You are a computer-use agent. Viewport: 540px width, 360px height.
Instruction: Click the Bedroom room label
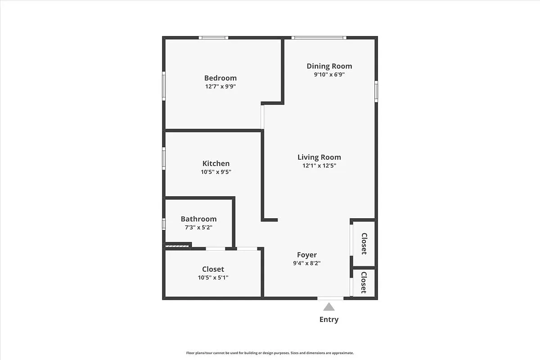click(220, 78)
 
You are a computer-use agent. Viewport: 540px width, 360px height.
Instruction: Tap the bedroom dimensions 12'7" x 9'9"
click(220, 86)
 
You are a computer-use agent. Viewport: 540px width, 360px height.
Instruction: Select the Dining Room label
click(329, 66)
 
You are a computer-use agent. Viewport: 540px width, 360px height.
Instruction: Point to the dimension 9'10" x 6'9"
click(329, 75)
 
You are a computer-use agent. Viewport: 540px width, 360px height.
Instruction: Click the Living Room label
click(319, 157)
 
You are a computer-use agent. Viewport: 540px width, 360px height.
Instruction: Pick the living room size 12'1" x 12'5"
click(319, 166)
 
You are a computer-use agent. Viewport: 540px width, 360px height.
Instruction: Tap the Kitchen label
click(216, 163)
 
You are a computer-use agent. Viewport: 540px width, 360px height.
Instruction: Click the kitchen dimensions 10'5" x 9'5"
click(216, 172)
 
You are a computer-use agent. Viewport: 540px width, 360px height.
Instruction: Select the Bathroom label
click(198, 219)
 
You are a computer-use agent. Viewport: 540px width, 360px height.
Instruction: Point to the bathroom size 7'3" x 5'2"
click(198, 227)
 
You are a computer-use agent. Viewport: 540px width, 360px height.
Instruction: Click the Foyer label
click(306, 255)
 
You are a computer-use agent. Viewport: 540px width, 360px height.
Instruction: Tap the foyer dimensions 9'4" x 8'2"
click(306, 263)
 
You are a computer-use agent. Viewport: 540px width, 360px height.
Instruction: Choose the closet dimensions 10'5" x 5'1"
click(213, 278)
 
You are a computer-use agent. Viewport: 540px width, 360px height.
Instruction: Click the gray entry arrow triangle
click(329, 307)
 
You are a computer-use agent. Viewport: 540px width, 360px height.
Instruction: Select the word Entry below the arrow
click(329, 319)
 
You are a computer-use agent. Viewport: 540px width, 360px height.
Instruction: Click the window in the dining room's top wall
click(319, 38)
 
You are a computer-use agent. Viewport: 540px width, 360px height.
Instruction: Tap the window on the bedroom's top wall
click(214, 38)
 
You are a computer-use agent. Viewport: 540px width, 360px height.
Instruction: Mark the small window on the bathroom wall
click(164, 224)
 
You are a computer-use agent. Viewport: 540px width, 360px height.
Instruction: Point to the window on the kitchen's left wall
click(164, 158)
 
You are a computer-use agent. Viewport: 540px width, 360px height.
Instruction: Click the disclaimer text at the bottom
click(270, 353)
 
